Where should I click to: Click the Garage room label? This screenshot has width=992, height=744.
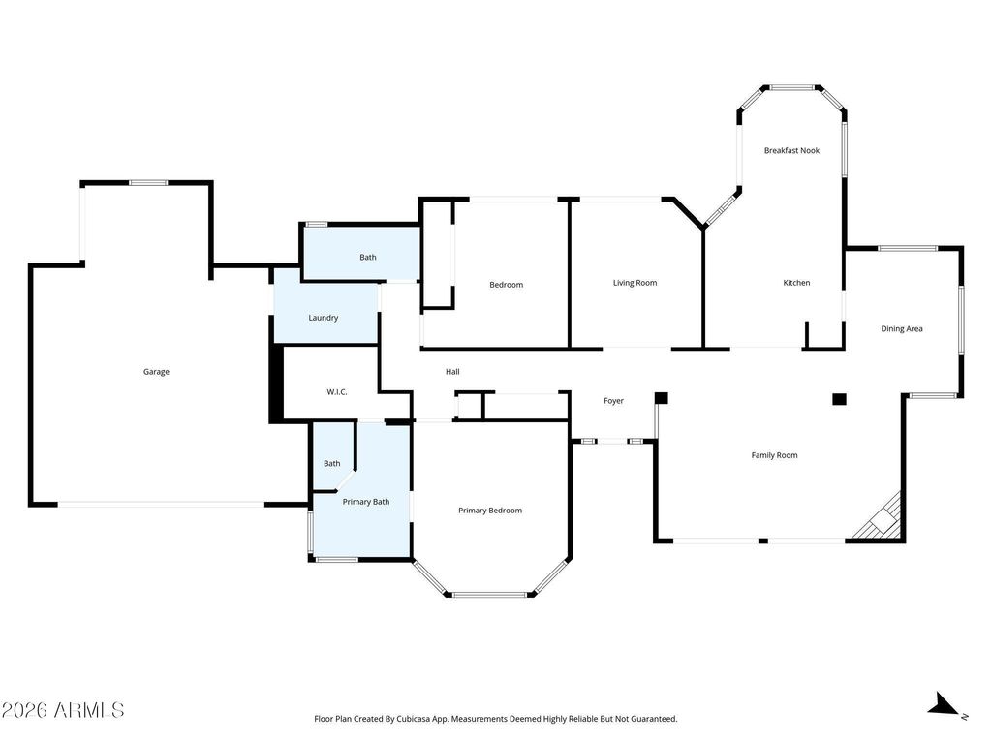pos(156,372)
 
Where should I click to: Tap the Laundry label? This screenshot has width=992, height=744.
pos(324,318)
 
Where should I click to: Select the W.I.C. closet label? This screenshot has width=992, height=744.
pos(336,392)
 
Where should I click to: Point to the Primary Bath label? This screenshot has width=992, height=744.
pos(365,502)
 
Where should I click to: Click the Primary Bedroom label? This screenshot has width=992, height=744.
pos(490,511)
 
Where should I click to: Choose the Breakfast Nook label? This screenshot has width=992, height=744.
pos(791,150)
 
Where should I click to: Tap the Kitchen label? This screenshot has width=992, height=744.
pos(796,283)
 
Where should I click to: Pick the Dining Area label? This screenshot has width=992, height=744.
pos(902,329)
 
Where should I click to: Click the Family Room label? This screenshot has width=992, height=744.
pos(774,455)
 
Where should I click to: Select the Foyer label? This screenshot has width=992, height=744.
pos(613,401)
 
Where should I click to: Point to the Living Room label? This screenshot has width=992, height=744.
pos(635,283)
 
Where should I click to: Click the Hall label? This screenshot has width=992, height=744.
pos(452,372)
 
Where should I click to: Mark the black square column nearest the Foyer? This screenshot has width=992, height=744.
pos(661,398)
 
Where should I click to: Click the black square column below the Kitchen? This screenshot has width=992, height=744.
pos(839,399)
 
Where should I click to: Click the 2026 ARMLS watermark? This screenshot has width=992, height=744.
pos(63,710)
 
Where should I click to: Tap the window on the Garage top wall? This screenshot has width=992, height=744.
pos(148,183)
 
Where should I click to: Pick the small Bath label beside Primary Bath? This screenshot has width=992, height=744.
pos(332,464)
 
